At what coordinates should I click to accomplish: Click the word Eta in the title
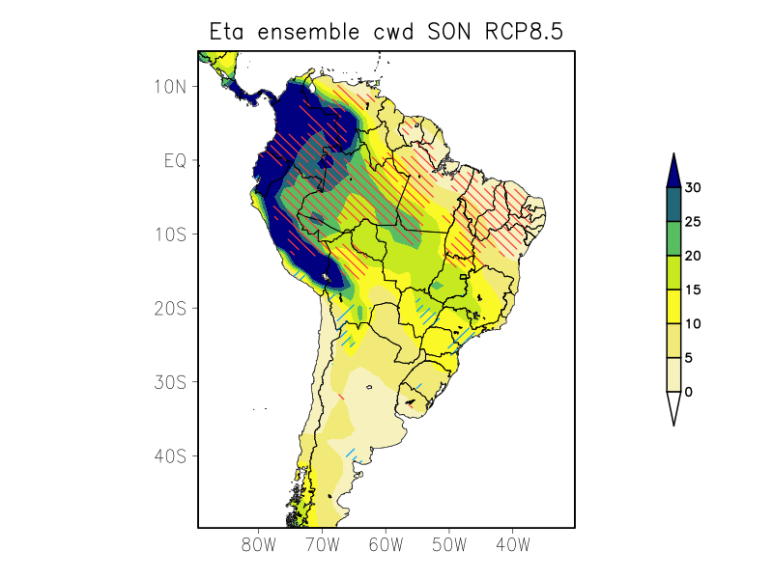coord(230,32)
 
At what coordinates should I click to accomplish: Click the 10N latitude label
coord(169,87)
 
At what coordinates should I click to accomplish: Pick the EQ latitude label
coord(174,160)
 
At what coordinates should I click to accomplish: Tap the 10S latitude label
coord(169,234)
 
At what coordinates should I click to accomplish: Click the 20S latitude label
coord(169,308)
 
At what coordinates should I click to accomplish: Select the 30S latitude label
coord(169,382)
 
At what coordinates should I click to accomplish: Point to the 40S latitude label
coord(169,455)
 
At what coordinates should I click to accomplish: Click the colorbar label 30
coord(693,188)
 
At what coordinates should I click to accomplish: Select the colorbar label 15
coord(693,289)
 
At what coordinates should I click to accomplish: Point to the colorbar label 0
coord(689,392)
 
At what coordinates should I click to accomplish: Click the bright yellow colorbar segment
coord(673,307)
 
